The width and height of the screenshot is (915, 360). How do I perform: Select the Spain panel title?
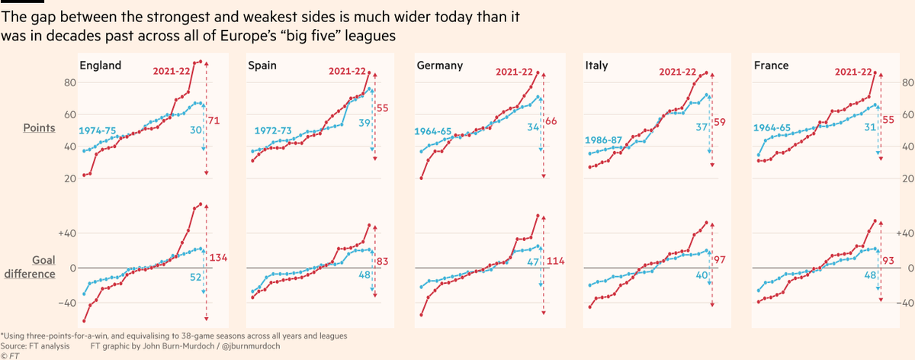coord(263,66)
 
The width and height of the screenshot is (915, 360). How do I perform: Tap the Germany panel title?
coord(440,66)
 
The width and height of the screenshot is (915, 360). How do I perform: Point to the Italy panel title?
coord(596,66)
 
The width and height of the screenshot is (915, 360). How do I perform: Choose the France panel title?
coord(771,66)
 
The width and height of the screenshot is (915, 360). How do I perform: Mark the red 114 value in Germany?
coord(554,262)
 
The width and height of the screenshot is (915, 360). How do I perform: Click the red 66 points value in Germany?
coord(551,121)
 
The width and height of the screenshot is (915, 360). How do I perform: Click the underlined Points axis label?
coord(40,128)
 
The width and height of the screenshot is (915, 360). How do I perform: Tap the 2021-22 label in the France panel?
coord(853,72)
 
